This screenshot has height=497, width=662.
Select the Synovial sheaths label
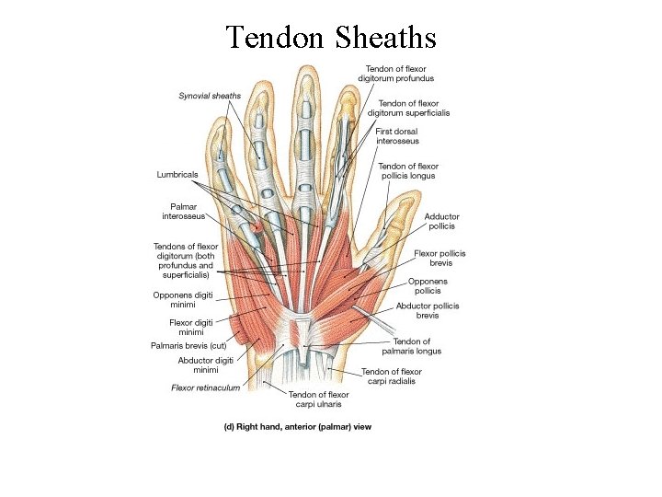pyautogui.click(x=210, y=95)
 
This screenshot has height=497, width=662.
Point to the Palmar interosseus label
pyautogui.click(x=184, y=212)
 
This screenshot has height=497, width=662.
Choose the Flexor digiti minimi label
pyautogui.click(x=193, y=327)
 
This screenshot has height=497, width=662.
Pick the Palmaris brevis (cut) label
pyautogui.click(x=188, y=345)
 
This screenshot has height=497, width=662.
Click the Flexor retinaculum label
pyautogui.click(x=206, y=387)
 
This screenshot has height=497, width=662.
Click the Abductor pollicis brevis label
pyautogui.click(x=428, y=310)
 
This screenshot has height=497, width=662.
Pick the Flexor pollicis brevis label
pyautogui.click(x=439, y=258)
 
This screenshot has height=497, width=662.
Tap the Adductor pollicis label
pyautogui.click(x=439, y=221)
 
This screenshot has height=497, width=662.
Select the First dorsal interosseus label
pyautogui.click(x=397, y=136)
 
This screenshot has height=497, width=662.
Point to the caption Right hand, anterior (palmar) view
pyautogui.click(x=300, y=426)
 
